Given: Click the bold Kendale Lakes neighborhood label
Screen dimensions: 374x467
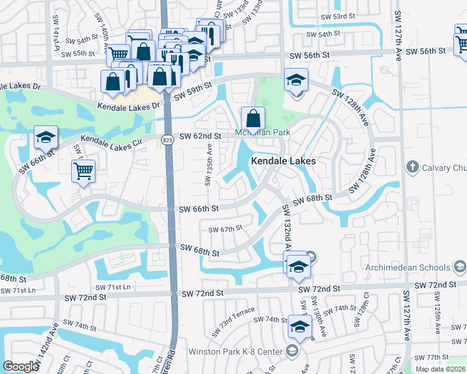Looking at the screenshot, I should click(x=283, y=161).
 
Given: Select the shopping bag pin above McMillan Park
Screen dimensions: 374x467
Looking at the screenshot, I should click(x=253, y=118).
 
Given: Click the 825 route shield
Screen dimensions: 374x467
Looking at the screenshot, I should click(x=167, y=140).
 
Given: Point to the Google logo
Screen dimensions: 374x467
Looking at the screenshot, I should click(x=21, y=367).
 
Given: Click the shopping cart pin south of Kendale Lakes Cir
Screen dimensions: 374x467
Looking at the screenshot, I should click(x=83, y=171).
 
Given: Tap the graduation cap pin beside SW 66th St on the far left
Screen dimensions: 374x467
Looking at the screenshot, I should click(x=46, y=137).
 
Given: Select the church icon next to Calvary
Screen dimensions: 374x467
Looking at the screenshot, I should click(x=412, y=166).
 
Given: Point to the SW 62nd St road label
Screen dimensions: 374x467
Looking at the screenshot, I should click(x=200, y=136).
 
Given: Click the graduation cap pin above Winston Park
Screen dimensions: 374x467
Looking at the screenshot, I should click(x=300, y=327).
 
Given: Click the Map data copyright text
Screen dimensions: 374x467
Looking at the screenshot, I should click(x=440, y=369).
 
